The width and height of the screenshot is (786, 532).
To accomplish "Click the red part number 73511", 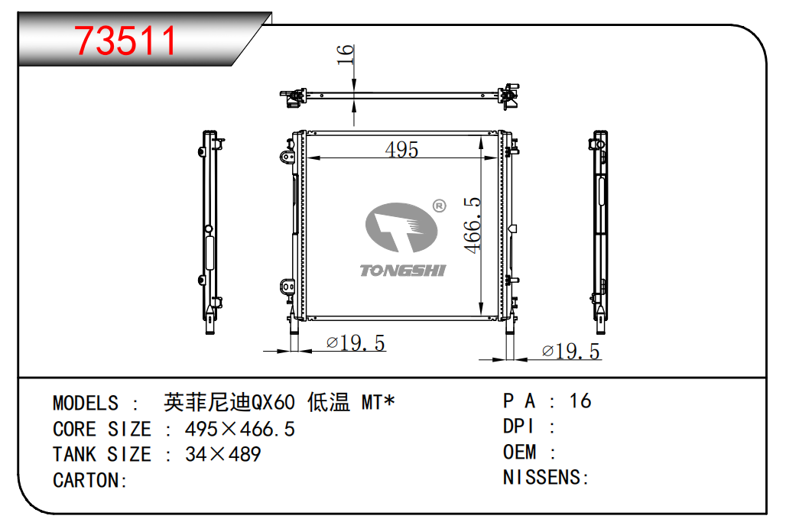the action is coord(125,41).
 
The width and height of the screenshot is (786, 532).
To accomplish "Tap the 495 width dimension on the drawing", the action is coord(401,149).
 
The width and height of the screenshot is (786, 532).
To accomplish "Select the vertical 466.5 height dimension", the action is coord(473,225).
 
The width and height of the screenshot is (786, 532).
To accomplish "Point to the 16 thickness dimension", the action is coord(346,54).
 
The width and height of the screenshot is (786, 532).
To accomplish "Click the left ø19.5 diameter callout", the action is coord(356,343).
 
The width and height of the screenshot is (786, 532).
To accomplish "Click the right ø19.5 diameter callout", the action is coord(571,351).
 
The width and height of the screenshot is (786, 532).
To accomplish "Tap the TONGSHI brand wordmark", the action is coord(402,271).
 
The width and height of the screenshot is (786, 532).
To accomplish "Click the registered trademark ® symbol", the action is coord(439,206).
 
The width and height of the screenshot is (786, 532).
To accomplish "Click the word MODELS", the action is coord(86,404).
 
